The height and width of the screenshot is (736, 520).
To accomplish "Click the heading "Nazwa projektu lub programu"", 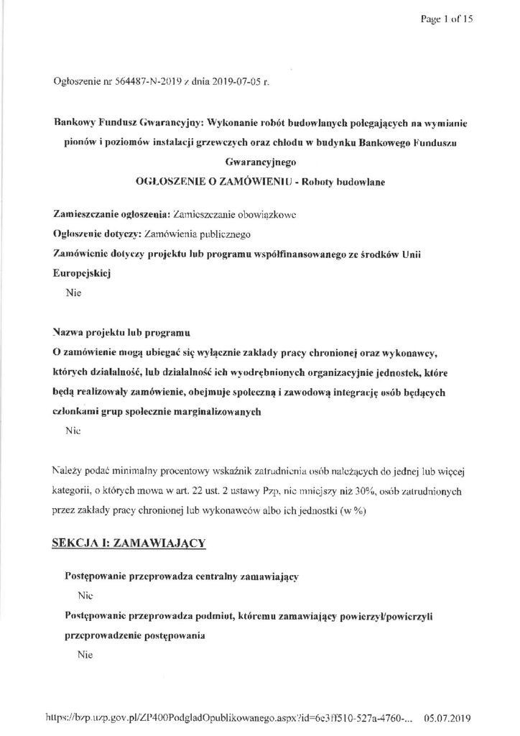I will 121,334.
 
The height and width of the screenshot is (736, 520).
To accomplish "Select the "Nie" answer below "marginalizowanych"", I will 73,432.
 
